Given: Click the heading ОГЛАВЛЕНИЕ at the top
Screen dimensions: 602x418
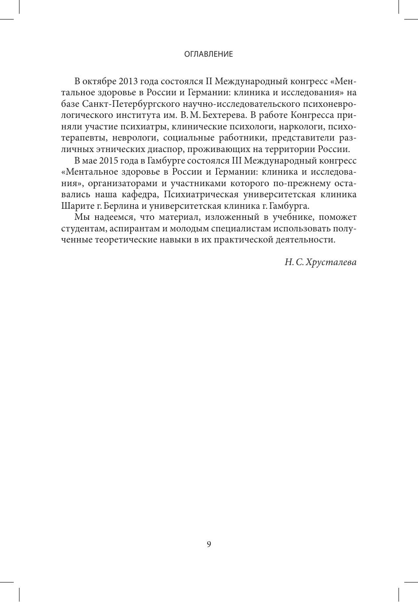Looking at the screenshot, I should [209, 55].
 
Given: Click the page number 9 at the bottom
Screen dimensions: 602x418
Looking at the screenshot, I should [209, 544].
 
